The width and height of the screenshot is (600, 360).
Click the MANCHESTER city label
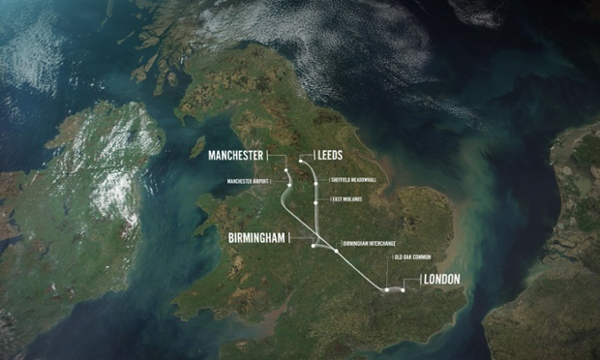(232, 155)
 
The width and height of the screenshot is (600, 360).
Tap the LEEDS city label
(324, 155)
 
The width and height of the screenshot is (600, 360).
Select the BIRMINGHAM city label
(259, 237)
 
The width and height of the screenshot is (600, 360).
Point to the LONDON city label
(440, 280)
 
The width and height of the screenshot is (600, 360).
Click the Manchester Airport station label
(252, 181)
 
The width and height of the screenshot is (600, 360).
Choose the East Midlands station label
(345, 199)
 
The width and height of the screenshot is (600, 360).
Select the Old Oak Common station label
(411, 257)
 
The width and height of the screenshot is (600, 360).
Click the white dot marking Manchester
(286, 173)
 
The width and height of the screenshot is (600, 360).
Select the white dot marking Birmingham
(313, 246)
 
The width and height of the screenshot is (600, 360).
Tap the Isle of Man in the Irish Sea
(196, 147)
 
